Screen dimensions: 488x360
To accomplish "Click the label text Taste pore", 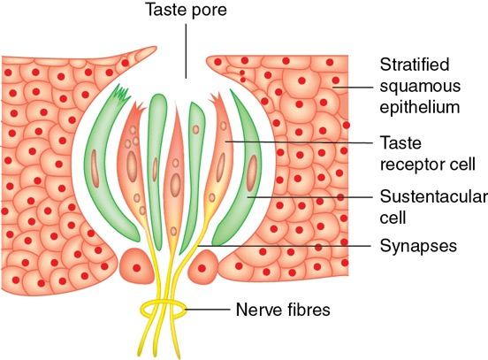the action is [x=187, y=10].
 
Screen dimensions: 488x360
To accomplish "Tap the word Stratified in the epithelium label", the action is [x=415, y=65].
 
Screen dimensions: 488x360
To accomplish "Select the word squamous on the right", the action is [x=420, y=87].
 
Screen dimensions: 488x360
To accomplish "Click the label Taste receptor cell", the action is [x=427, y=153].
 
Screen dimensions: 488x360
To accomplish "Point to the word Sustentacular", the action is [x=434, y=197].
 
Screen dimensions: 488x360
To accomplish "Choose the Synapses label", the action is [x=418, y=246].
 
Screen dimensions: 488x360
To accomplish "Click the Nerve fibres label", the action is [x=283, y=310].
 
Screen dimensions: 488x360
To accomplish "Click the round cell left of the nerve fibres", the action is [x=137, y=266].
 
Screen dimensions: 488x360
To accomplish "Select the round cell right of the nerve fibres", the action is [x=203, y=267].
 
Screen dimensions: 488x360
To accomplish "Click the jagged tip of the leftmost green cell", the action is [x=121, y=92].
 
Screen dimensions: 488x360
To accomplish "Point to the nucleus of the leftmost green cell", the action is [x=95, y=168].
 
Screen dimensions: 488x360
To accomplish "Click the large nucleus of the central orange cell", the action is [x=176, y=185].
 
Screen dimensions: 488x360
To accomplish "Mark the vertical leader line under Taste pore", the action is [x=187, y=51].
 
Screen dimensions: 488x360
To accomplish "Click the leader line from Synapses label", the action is [x=285, y=246].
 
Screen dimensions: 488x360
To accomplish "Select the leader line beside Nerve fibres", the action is [x=207, y=310].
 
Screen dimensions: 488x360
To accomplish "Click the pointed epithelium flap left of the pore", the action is [x=137, y=54].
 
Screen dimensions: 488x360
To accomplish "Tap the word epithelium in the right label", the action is [x=420, y=107].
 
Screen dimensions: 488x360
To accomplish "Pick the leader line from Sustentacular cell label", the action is [x=310, y=197].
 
